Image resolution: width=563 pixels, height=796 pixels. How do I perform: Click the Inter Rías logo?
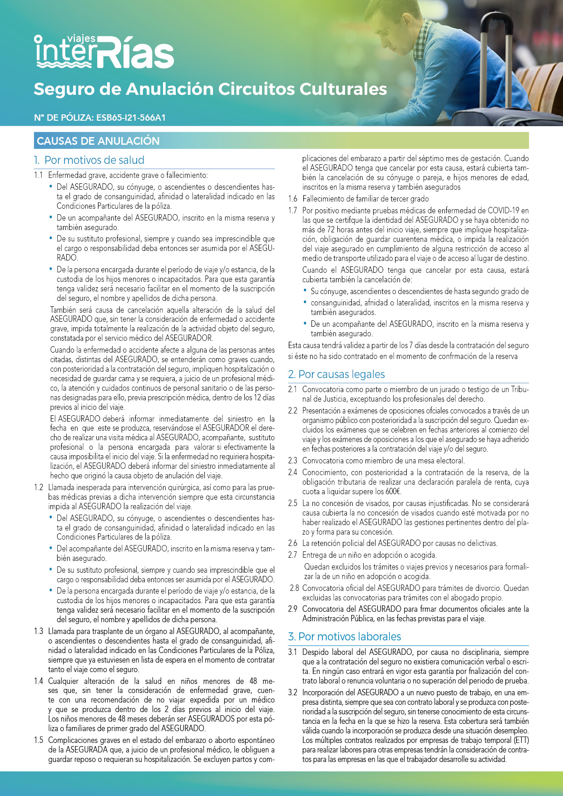click(x=104, y=52)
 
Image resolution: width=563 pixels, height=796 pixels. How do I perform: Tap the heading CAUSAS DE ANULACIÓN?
click(x=98, y=141)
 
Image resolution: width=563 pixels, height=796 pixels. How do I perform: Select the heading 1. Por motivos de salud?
click(x=89, y=160)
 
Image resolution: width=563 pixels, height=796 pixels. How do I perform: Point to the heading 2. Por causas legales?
click(x=336, y=374)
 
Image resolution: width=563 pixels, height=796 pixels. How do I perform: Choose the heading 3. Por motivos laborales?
click(x=345, y=637)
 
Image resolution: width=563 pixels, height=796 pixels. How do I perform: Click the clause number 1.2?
click(x=39, y=487)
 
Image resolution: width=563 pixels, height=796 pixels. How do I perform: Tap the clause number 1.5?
click(x=39, y=740)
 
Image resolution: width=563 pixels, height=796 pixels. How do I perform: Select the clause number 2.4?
click(x=293, y=472)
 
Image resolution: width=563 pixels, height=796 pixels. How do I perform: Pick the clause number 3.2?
click(x=293, y=693)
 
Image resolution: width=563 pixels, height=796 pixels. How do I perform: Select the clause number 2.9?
click(x=293, y=609)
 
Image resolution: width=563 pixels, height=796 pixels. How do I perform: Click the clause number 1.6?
click(x=293, y=199)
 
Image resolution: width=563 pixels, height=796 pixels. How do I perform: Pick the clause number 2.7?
click(x=293, y=555)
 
